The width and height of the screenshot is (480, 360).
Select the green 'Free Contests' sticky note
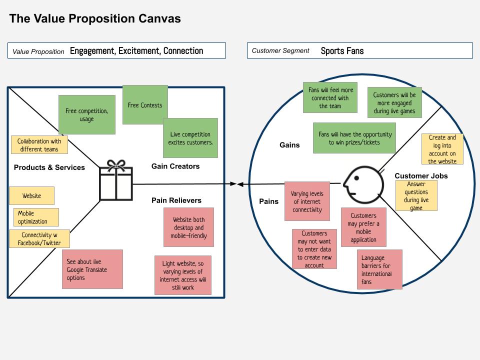(x=145, y=104)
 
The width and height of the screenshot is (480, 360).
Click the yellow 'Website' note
(x=31, y=196)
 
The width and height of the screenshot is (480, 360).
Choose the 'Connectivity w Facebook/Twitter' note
(x=39, y=239)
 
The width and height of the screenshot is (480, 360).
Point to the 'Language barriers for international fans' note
(x=380, y=269)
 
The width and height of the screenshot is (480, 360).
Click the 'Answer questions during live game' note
(x=416, y=196)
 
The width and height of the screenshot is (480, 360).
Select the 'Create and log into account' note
(x=442, y=149)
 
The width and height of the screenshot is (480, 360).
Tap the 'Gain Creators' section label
(x=175, y=166)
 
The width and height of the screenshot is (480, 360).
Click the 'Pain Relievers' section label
(x=176, y=200)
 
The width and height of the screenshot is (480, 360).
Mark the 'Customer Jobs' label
(x=421, y=175)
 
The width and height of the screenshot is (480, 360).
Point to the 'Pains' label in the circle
(x=268, y=201)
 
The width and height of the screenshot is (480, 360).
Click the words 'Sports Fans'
(x=342, y=50)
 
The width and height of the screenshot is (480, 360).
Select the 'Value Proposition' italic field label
(x=38, y=51)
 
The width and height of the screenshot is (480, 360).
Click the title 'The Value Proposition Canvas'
(x=95, y=19)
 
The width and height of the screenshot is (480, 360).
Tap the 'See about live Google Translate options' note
(x=92, y=269)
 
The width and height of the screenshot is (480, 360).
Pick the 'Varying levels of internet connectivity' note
(x=307, y=201)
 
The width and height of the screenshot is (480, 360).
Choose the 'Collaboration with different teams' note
(x=39, y=145)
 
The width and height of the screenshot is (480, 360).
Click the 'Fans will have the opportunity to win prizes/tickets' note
(x=354, y=138)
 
